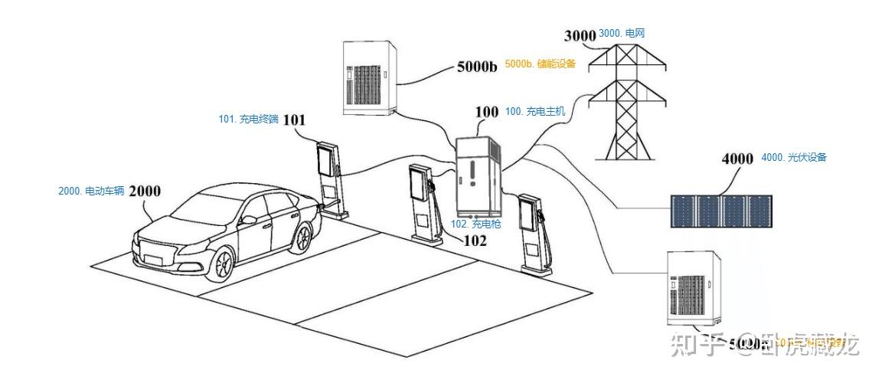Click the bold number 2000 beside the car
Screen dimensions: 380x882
(x=145, y=191)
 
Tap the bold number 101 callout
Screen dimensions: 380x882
(x=294, y=120)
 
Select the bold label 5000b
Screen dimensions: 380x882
(x=477, y=66)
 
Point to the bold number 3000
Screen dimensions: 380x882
(x=580, y=35)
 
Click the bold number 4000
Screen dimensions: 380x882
(x=737, y=159)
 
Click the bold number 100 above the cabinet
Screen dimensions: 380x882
(x=486, y=112)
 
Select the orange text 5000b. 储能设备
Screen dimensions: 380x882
(x=540, y=64)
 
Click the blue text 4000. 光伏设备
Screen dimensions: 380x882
(x=794, y=158)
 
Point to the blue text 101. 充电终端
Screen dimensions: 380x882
(x=248, y=120)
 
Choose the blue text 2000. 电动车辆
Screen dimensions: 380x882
(x=91, y=191)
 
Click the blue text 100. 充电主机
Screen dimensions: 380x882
(x=535, y=112)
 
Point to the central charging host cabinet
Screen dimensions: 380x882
(x=479, y=176)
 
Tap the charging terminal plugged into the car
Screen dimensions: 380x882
(x=329, y=176)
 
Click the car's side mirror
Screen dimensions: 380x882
(x=248, y=219)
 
